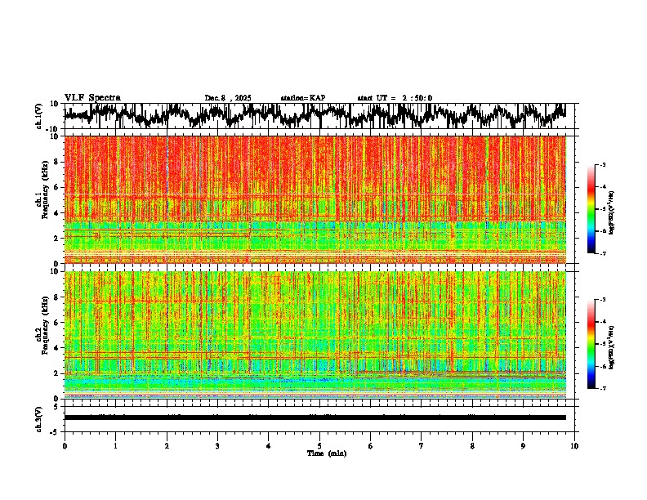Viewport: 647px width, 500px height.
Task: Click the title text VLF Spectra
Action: coord(92,98)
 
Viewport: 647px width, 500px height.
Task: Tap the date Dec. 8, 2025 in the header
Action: coord(228,98)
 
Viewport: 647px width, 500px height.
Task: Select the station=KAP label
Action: coord(302,98)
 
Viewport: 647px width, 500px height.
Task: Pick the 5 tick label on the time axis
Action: coord(319,446)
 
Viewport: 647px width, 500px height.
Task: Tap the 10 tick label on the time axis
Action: coord(575,446)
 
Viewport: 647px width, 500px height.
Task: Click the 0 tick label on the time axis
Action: coord(65,446)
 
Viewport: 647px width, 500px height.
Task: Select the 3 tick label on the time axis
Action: coord(217,446)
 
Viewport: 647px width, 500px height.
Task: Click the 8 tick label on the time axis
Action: coord(473,446)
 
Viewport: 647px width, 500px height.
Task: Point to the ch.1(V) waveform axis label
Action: coord(39,116)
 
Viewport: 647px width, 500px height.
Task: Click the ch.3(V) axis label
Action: coord(39,417)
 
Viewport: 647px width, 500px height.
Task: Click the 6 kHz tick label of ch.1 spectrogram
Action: coord(56,187)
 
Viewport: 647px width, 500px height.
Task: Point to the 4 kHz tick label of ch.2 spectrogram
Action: coord(56,348)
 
